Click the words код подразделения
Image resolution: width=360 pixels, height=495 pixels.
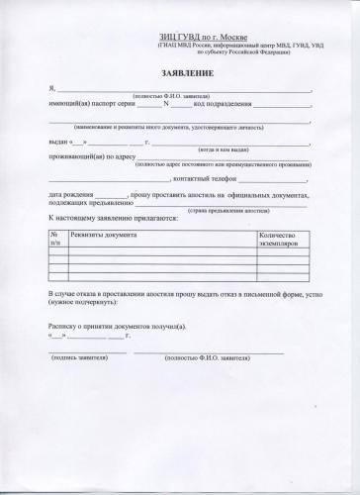[221, 104]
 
